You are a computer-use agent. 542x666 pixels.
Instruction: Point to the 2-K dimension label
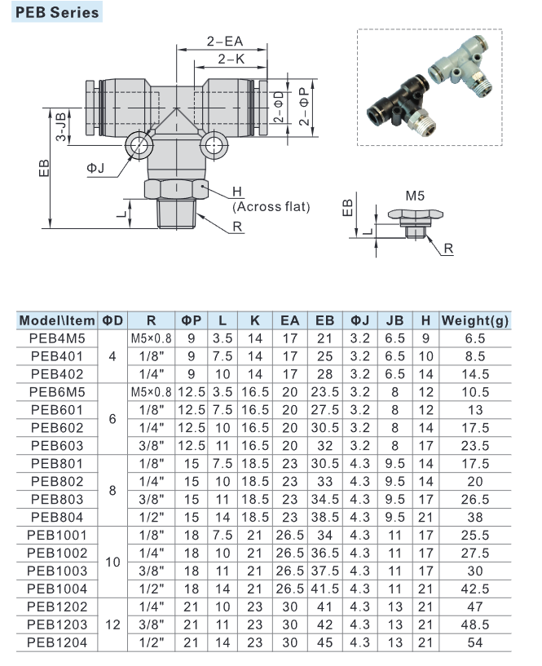point(231,58)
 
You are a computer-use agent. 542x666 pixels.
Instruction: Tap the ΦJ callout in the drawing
point(96,168)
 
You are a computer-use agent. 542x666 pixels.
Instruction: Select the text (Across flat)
point(271,207)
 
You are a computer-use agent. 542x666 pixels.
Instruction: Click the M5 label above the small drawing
point(416,196)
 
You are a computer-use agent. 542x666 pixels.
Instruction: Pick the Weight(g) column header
point(474,320)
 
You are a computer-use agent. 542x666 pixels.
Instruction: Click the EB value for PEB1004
point(324,588)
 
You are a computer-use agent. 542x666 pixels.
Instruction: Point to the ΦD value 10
point(112,561)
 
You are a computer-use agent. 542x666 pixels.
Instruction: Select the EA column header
point(289,320)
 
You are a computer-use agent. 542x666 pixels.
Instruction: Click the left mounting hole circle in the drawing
point(138,147)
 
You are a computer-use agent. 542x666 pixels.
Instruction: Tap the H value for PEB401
point(425,355)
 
